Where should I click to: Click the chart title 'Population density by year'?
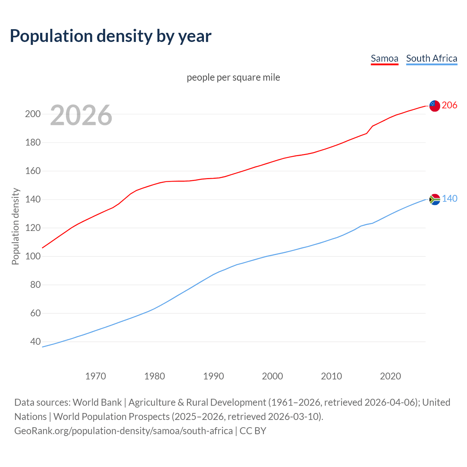click(111, 36)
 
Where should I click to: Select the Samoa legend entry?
click(384, 58)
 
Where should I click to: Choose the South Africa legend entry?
click(432, 58)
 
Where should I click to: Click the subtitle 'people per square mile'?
click(233, 77)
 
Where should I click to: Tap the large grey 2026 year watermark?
click(81, 115)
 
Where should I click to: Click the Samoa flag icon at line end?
click(435, 106)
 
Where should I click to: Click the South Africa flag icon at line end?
click(435, 199)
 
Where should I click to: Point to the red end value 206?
click(449, 105)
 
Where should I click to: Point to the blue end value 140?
click(449, 199)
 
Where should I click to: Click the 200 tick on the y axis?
click(32, 114)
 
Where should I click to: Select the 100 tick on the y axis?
click(32, 256)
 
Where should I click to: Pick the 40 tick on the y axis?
click(35, 342)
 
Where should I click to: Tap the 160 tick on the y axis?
click(32, 171)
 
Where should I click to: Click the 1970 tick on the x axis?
click(96, 376)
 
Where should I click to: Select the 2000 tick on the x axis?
click(273, 376)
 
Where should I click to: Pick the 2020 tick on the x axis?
click(390, 376)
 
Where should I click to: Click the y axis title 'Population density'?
click(15, 226)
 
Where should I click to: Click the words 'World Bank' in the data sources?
click(97, 402)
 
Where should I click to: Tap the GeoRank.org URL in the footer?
click(123, 431)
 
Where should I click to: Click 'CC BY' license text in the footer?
click(253, 431)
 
